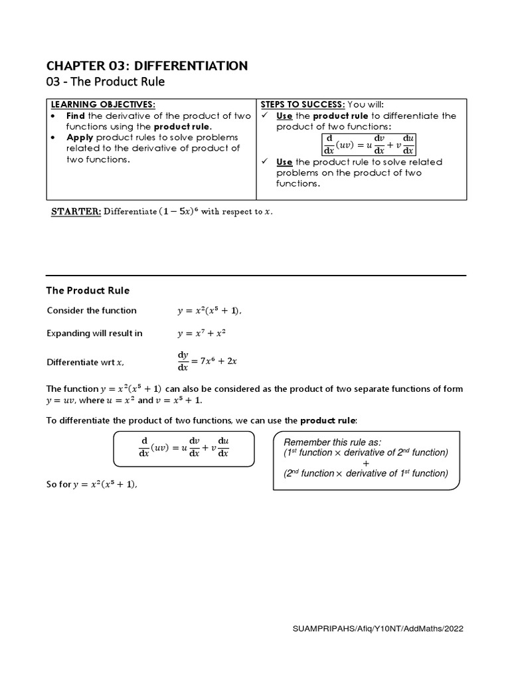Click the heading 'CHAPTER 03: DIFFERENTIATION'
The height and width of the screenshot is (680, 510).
coord(147,65)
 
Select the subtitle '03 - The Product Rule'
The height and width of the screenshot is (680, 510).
coord(105,82)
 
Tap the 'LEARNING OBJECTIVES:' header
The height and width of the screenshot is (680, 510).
coord(104,105)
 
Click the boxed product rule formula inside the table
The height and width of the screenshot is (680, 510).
coord(367,144)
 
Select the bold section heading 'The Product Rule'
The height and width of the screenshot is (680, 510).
coord(88,290)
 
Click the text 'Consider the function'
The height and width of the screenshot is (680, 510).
coord(92,310)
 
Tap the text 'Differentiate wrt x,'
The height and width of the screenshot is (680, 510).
coord(86,362)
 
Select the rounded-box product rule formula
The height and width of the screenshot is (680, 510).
coord(183,448)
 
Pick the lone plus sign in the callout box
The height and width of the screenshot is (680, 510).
coord(366,463)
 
